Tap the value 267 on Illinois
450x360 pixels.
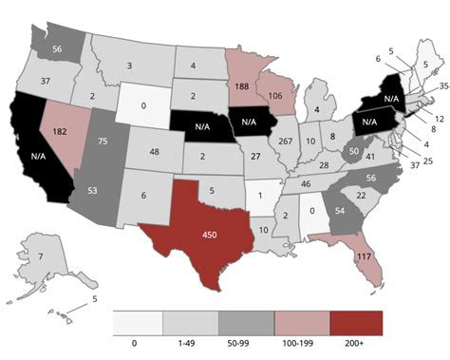coord(285,141)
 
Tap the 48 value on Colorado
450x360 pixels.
coord(155,152)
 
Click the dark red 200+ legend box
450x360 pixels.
coord(358,324)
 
